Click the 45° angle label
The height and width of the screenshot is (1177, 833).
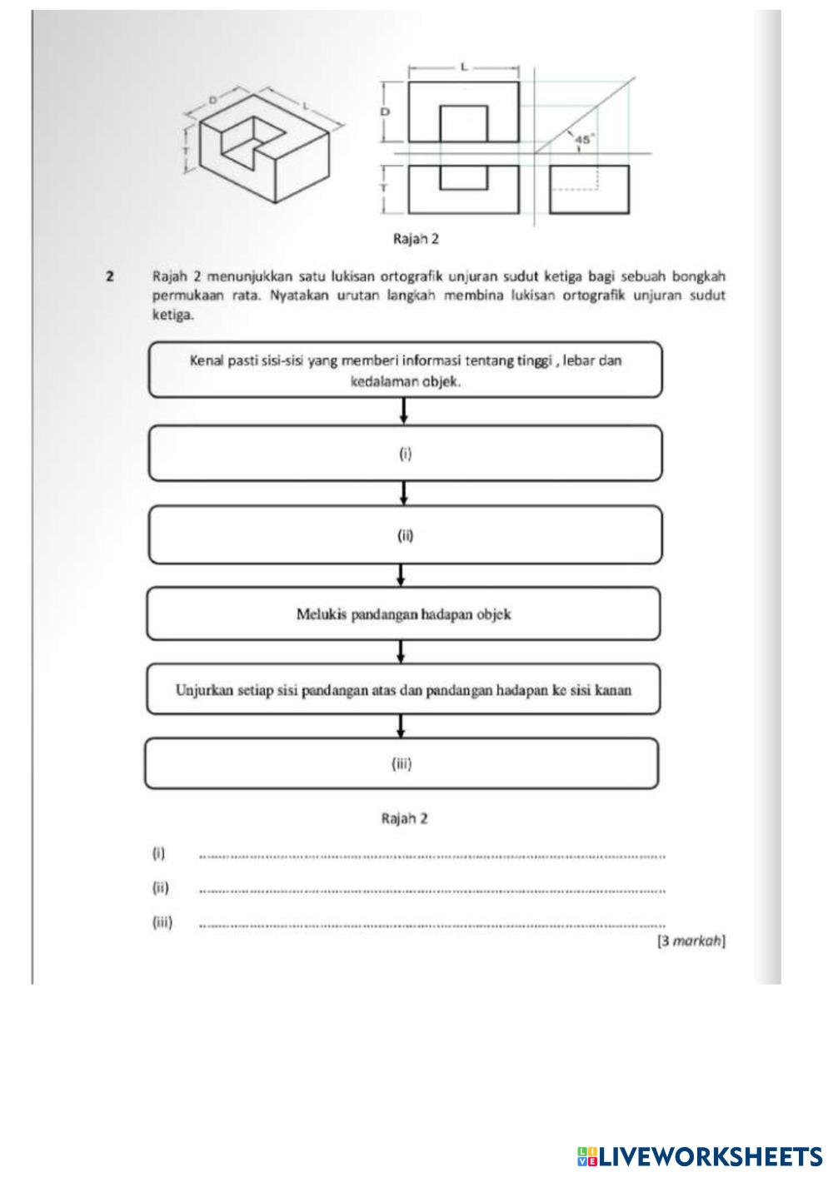click(x=583, y=140)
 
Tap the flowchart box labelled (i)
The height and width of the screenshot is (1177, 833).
click(x=405, y=454)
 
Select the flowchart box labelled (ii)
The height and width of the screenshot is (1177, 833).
click(x=405, y=535)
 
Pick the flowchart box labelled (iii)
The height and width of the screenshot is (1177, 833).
click(x=402, y=763)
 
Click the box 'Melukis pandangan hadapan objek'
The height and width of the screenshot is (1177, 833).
click(x=404, y=614)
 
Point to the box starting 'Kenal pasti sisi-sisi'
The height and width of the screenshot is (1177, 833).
click(x=406, y=370)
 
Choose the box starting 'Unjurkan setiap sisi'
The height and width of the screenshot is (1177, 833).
click(x=404, y=689)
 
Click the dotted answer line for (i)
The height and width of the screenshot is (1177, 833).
click(x=433, y=856)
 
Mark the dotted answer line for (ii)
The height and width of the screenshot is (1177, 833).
click(x=433, y=891)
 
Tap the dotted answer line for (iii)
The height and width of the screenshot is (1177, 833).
click(x=433, y=925)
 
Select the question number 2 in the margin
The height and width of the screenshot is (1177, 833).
click(x=109, y=275)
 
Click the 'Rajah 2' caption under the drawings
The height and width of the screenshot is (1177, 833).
click(x=416, y=239)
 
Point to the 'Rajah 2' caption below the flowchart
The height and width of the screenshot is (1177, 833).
click(x=404, y=818)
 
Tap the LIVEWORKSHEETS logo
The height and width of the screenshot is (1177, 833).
click(x=700, y=1155)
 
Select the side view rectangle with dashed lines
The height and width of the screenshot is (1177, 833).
click(x=589, y=190)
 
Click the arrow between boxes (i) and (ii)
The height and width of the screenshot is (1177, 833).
click(x=404, y=493)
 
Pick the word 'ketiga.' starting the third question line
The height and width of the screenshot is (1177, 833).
click(x=173, y=315)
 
